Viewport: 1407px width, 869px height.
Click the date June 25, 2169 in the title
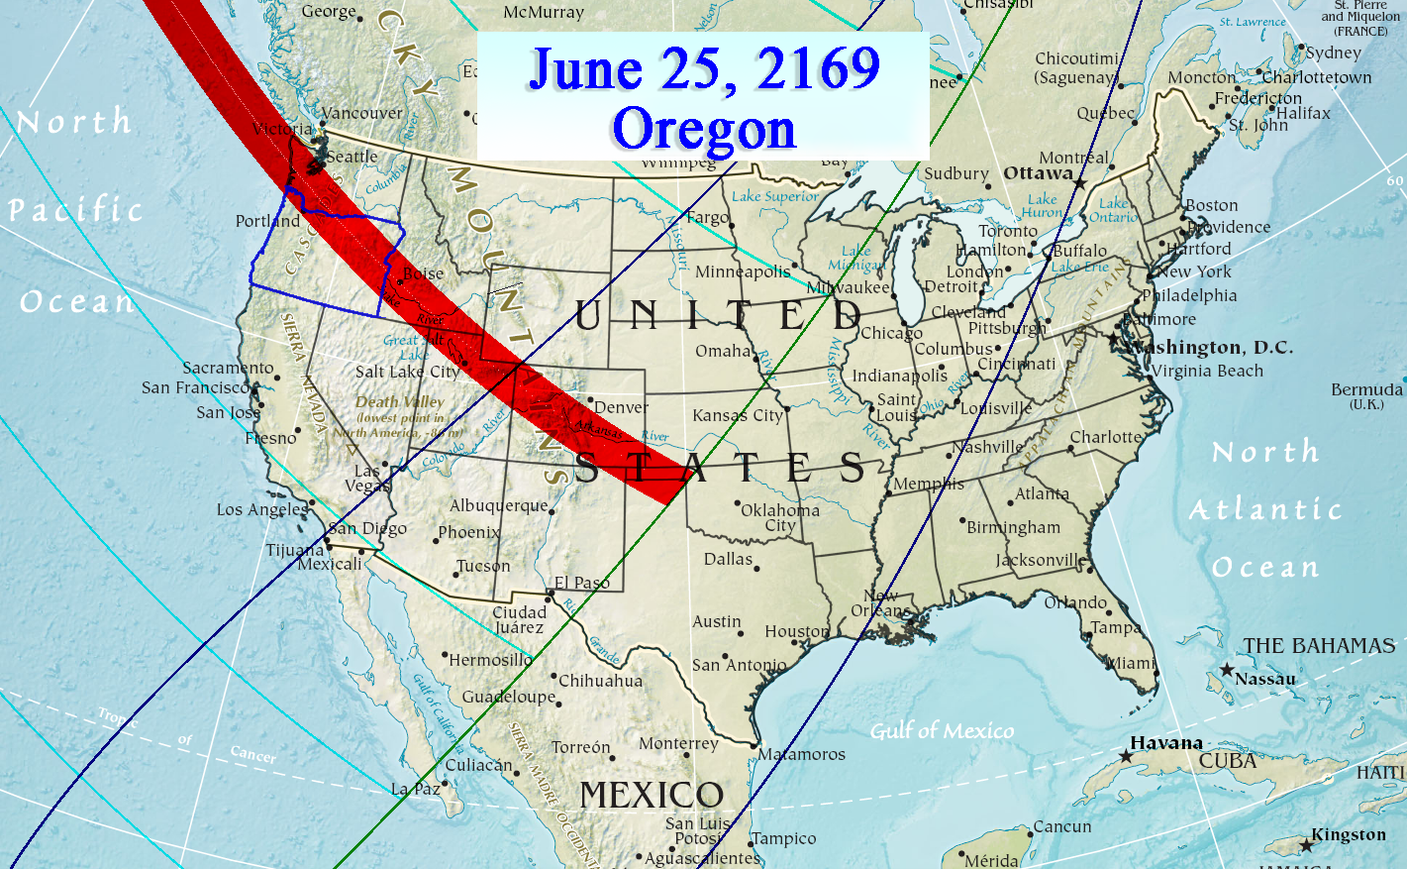(704, 69)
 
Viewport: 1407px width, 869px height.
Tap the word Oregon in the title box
(704, 130)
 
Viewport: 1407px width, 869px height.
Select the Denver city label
(622, 407)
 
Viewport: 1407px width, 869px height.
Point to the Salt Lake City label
(408, 372)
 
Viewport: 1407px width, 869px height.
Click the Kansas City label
(738, 415)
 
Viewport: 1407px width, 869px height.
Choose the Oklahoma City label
(780, 517)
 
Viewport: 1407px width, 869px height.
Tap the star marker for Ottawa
(1080, 184)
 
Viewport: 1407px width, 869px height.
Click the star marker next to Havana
(1126, 756)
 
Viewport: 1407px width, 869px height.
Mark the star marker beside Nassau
(1227, 670)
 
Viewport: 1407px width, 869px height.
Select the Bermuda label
(1366, 389)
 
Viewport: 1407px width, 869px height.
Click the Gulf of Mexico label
(942, 731)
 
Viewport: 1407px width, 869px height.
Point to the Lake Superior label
(775, 196)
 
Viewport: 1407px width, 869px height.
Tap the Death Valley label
(400, 402)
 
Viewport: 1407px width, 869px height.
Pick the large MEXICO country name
(652, 795)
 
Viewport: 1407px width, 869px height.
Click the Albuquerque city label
(499, 505)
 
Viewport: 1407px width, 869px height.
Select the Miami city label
(1132, 663)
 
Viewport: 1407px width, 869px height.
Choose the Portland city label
(267, 221)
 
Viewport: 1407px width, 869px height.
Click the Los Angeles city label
(262, 509)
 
